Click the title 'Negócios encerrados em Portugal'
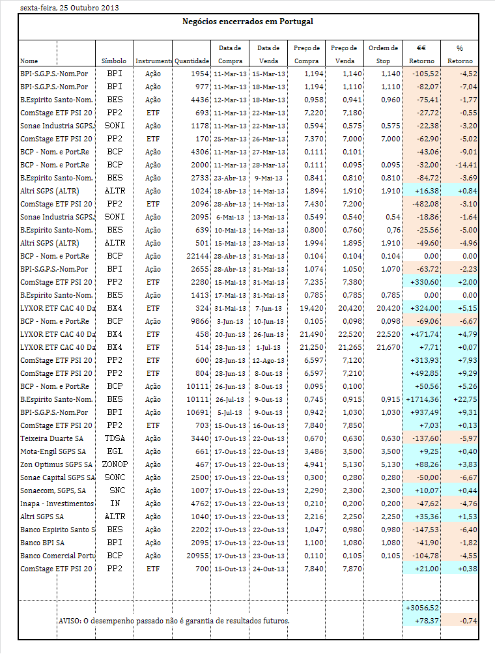(247, 21)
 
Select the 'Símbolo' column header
(114, 61)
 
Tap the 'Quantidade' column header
(191, 61)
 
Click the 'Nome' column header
(29, 61)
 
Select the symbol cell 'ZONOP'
(115, 464)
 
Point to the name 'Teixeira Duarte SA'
(52, 438)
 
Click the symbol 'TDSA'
(115, 438)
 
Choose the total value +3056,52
(422, 608)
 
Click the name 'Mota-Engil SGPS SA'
(53, 451)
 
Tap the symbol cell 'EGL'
(115, 451)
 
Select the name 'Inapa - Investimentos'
(57, 504)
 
